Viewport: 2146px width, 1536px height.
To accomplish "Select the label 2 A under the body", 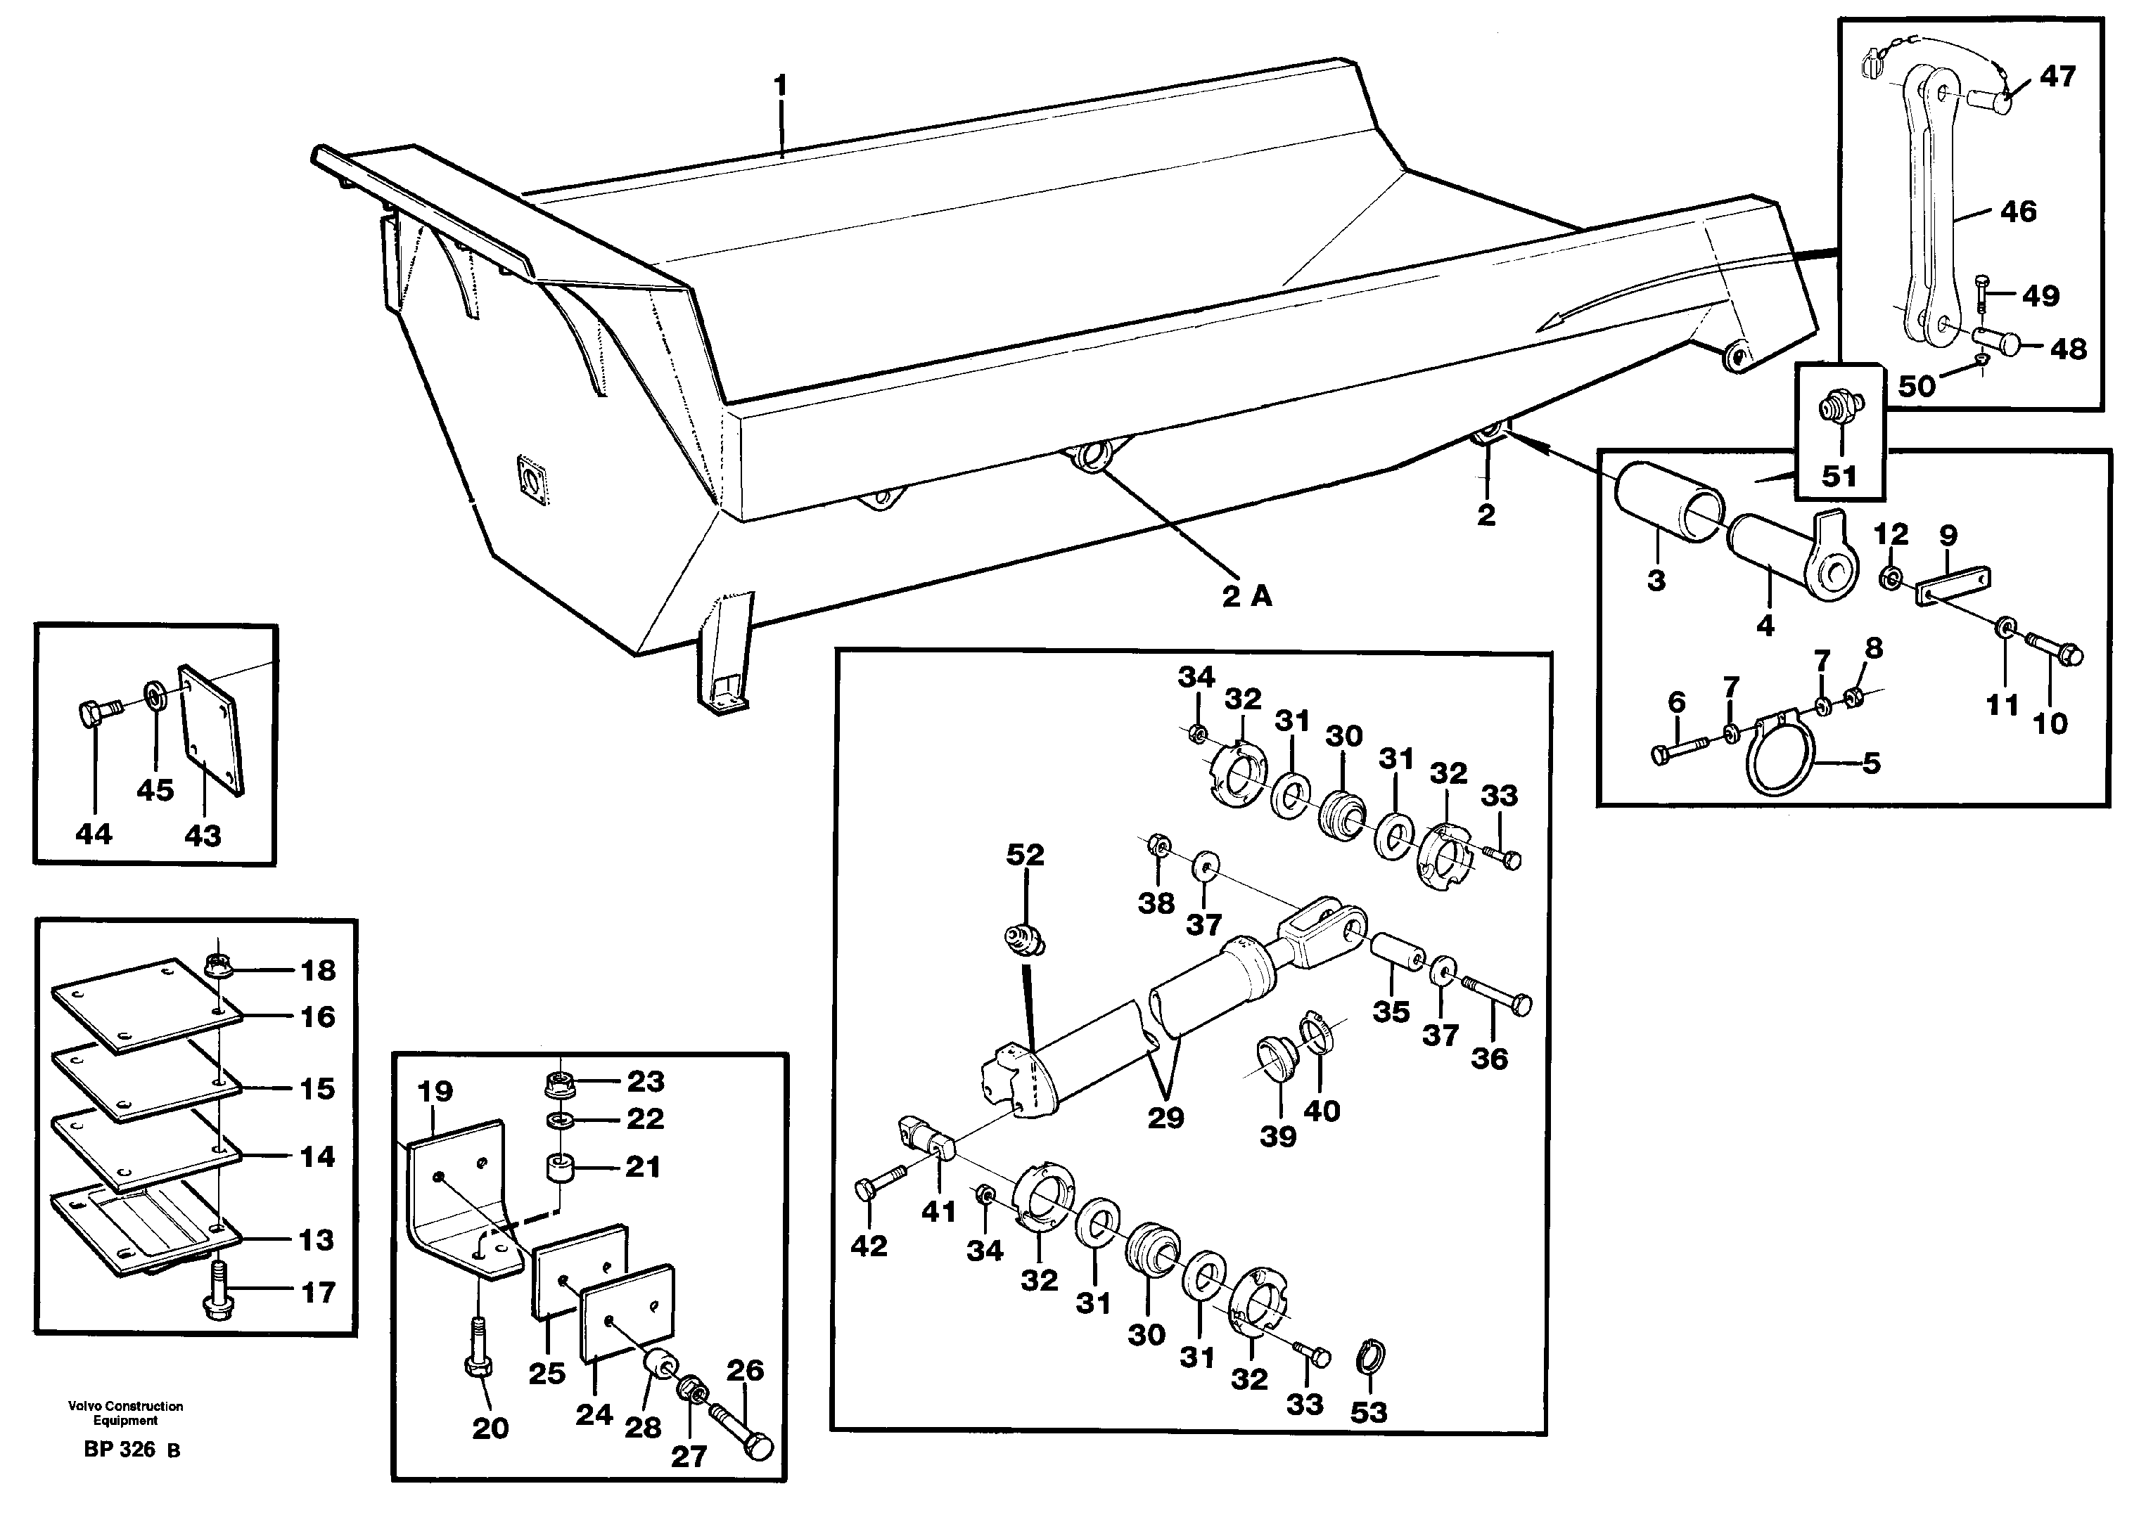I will click(x=1246, y=596).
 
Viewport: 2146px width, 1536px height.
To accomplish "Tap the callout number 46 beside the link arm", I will click(x=2017, y=212).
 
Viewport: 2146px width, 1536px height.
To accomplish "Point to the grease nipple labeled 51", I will click(x=1839, y=410).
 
